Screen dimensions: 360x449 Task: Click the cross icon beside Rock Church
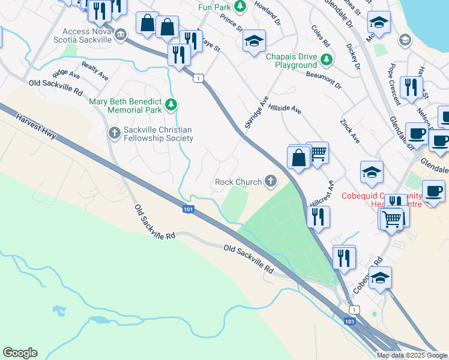pyautogui.click(x=271, y=181)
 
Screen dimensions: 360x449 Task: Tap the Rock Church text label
pyautogui.click(x=238, y=181)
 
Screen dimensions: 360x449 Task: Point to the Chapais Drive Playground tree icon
pyautogui.click(x=327, y=60)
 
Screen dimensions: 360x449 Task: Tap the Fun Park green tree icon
pyautogui.click(x=240, y=7)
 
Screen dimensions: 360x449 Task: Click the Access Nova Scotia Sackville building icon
pyautogui.click(x=121, y=35)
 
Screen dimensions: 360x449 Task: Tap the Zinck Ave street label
pyautogui.click(x=350, y=130)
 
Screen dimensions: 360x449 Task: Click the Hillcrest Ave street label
pyautogui.click(x=321, y=193)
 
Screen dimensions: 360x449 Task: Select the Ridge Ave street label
pyautogui.click(x=66, y=74)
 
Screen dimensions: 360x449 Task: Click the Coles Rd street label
pyautogui.click(x=321, y=37)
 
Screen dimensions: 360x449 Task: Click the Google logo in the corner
pyautogui.click(x=20, y=353)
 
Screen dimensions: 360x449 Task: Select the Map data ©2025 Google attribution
pyautogui.click(x=412, y=355)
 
